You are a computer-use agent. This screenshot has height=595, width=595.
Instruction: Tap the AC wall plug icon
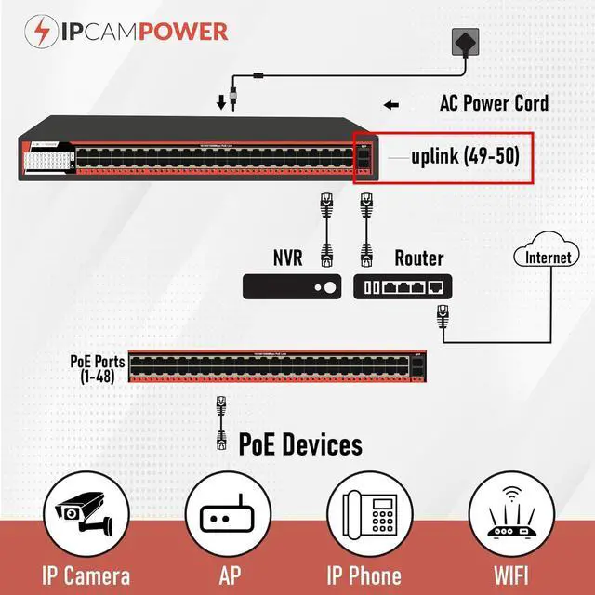pyautogui.click(x=466, y=43)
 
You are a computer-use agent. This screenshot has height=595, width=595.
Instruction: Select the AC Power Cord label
pyautogui.click(x=494, y=102)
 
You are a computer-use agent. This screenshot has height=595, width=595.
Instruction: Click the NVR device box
pyautogui.click(x=293, y=285)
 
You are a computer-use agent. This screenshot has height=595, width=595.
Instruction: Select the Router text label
pyautogui.click(x=419, y=258)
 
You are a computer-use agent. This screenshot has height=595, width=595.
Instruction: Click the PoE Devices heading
pyautogui.click(x=300, y=443)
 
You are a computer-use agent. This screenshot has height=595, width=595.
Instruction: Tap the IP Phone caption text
pyautogui.click(x=364, y=575)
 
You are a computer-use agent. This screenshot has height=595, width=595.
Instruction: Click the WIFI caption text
pyautogui.click(x=510, y=575)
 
